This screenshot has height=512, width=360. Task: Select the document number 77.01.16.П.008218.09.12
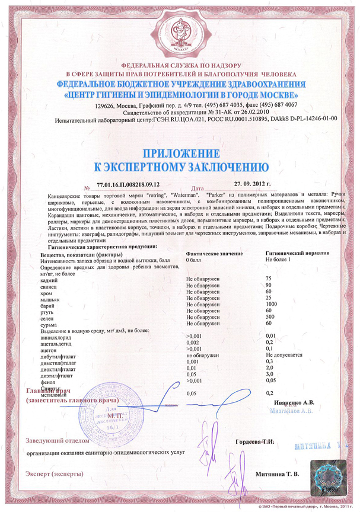129,185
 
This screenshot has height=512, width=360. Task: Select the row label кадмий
50,278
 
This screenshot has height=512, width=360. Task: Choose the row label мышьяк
51,297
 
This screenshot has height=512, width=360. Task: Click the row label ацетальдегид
57,343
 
